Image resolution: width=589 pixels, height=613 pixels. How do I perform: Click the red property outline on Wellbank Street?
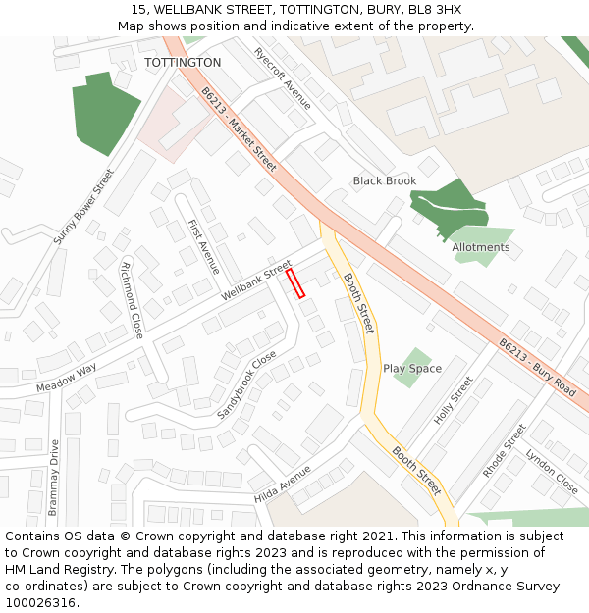[295, 283]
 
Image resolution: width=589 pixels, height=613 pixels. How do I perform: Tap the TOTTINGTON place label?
[183, 63]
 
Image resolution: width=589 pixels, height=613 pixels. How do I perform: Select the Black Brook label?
[385, 181]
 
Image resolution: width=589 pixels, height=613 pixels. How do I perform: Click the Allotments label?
[481, 247]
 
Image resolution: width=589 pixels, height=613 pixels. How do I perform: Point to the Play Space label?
[412, 369]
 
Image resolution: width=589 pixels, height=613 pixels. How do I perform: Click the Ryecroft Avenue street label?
[282, 78]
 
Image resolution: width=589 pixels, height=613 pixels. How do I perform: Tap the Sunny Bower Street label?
[83, 206]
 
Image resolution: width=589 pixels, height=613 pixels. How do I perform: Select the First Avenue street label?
[204, 246]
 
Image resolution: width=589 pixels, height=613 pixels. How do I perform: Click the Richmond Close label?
[132, 300]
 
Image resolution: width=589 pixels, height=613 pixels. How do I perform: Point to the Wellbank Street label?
[256, 281]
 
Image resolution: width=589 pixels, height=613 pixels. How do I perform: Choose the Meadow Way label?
[67, 378]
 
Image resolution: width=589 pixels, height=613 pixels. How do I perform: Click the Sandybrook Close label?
[246, 385]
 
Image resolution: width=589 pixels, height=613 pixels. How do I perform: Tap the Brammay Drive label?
[53, 478]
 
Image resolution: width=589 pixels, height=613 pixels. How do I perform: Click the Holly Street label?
[454, 397]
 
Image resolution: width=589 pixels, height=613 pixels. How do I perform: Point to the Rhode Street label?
[505, 450]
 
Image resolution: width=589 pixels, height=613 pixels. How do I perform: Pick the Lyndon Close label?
[552, 471]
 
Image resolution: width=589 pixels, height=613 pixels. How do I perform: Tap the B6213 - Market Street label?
[239, 125]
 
